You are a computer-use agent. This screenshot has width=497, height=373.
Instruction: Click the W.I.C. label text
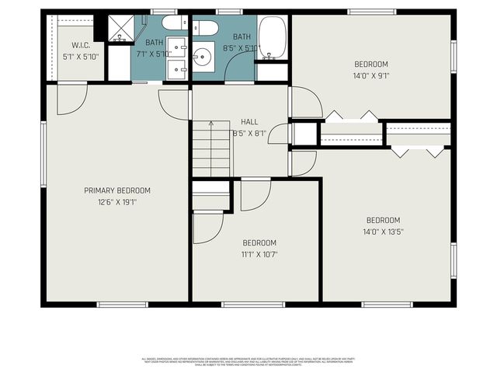(x=76, y=46)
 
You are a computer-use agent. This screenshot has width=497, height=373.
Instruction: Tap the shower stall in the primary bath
(x=120, y=29)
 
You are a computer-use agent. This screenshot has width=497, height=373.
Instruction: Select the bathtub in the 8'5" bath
(x=273, y=37)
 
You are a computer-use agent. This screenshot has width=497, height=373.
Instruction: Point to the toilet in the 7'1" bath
(x=174, y=23)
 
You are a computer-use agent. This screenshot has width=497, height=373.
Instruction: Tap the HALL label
(x=249, y=122)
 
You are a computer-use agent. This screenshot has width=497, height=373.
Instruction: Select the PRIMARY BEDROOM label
(x=117, y=190)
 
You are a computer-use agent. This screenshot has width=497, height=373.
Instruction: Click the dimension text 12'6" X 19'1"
(x=117, y=201)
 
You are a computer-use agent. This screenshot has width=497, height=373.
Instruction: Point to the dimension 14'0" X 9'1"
(x=370, y=76)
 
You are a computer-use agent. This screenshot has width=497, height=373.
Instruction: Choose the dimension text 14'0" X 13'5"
(x=383, y=231)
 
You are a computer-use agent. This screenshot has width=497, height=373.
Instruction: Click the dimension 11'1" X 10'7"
(x=259, y=253)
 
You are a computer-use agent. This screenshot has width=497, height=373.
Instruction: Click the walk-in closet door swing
(x=71, y=97)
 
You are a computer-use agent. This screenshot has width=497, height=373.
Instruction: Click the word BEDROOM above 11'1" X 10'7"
(x=259, y=242)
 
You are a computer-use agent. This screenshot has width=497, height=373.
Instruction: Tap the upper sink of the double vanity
(x=176, y=45)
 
